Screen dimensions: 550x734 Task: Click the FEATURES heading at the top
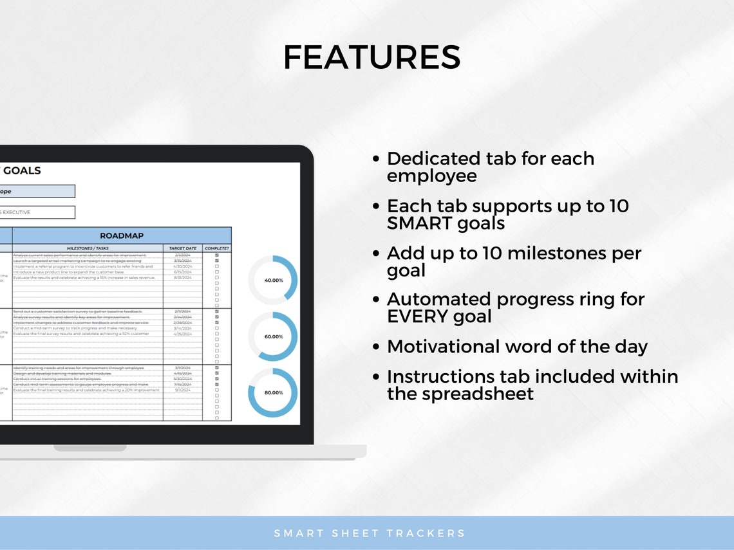coord(372,58)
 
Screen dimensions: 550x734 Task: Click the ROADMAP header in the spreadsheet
coord(122,235)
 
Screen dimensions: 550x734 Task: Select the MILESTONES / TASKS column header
coord(88,248)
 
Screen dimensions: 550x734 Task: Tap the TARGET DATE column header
coord(183,248)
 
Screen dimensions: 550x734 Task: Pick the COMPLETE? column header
coord(217,248)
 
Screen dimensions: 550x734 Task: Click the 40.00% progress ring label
coord(273,280)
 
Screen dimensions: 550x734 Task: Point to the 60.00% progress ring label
coord(273,336)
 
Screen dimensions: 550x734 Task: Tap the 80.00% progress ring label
coord(273,392)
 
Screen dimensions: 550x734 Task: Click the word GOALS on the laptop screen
coord(22,170)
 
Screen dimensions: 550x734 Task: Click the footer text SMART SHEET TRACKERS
coord(370,533)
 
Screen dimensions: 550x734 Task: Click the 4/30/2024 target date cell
coord(183,266)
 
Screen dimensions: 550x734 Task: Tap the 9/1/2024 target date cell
coord(183,390)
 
